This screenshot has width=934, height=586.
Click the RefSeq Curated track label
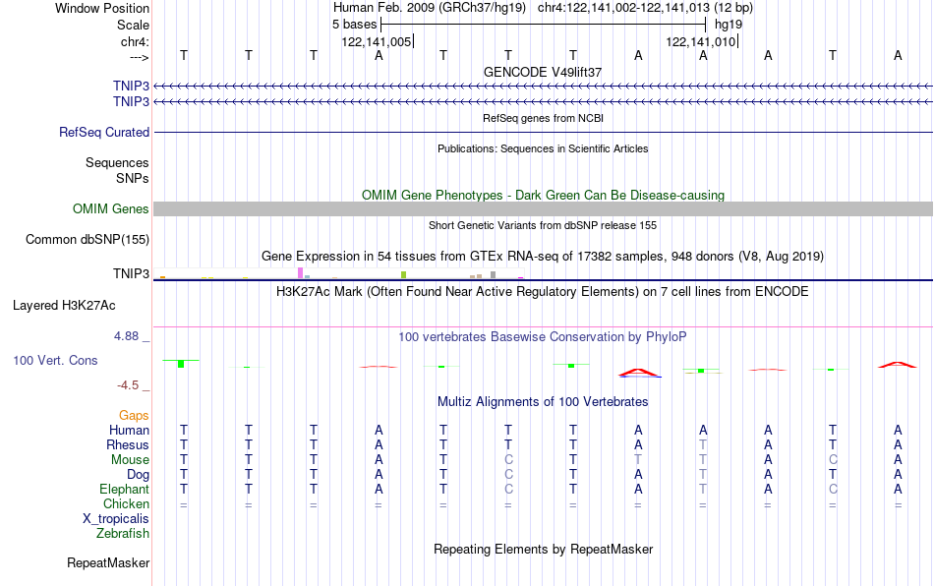103,132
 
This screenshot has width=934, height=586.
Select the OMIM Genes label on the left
110,209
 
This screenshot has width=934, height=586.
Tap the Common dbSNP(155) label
87,239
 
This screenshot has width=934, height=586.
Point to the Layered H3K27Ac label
64,306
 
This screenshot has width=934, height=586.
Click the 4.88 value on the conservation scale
126,336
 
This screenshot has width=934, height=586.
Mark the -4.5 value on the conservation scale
128,385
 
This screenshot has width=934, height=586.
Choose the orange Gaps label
134,415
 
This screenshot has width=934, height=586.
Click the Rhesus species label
128,444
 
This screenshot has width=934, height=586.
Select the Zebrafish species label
123,533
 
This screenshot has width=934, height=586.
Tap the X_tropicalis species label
116,519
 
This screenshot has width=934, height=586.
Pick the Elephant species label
124,489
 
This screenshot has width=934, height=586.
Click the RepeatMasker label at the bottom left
108,562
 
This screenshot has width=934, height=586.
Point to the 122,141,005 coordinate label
376,41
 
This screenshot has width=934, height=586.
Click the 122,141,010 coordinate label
700,41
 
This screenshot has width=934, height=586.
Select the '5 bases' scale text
354,25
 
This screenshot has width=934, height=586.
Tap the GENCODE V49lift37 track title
543,72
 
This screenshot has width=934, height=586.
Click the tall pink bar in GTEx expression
300,272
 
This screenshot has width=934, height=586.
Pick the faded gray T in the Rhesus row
703,444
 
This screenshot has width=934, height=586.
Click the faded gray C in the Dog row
508,475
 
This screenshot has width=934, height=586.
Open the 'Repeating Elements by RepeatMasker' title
543,549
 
